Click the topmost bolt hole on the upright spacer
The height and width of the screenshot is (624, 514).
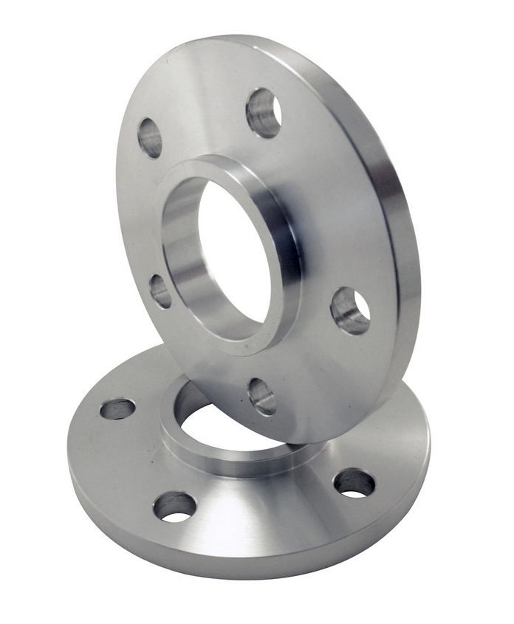pos(264,112)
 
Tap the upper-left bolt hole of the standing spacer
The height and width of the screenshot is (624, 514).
pos(150,137)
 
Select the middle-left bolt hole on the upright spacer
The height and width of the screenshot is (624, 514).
pos(160,291)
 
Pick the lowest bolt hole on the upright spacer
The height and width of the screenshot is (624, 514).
pos(261,396)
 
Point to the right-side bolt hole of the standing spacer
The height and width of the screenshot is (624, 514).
pos(349,310)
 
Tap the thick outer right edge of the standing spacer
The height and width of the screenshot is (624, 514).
pos(402,244)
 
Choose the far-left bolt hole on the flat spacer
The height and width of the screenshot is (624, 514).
pos(117,408)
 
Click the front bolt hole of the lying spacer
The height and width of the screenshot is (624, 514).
pos(175,507)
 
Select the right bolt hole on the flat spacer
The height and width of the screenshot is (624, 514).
pos(354,483)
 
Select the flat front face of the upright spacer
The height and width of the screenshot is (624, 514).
pos(332,185)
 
